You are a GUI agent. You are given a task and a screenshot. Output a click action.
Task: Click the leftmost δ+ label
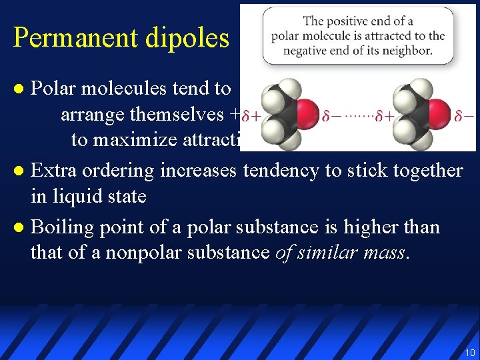point(251,116)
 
